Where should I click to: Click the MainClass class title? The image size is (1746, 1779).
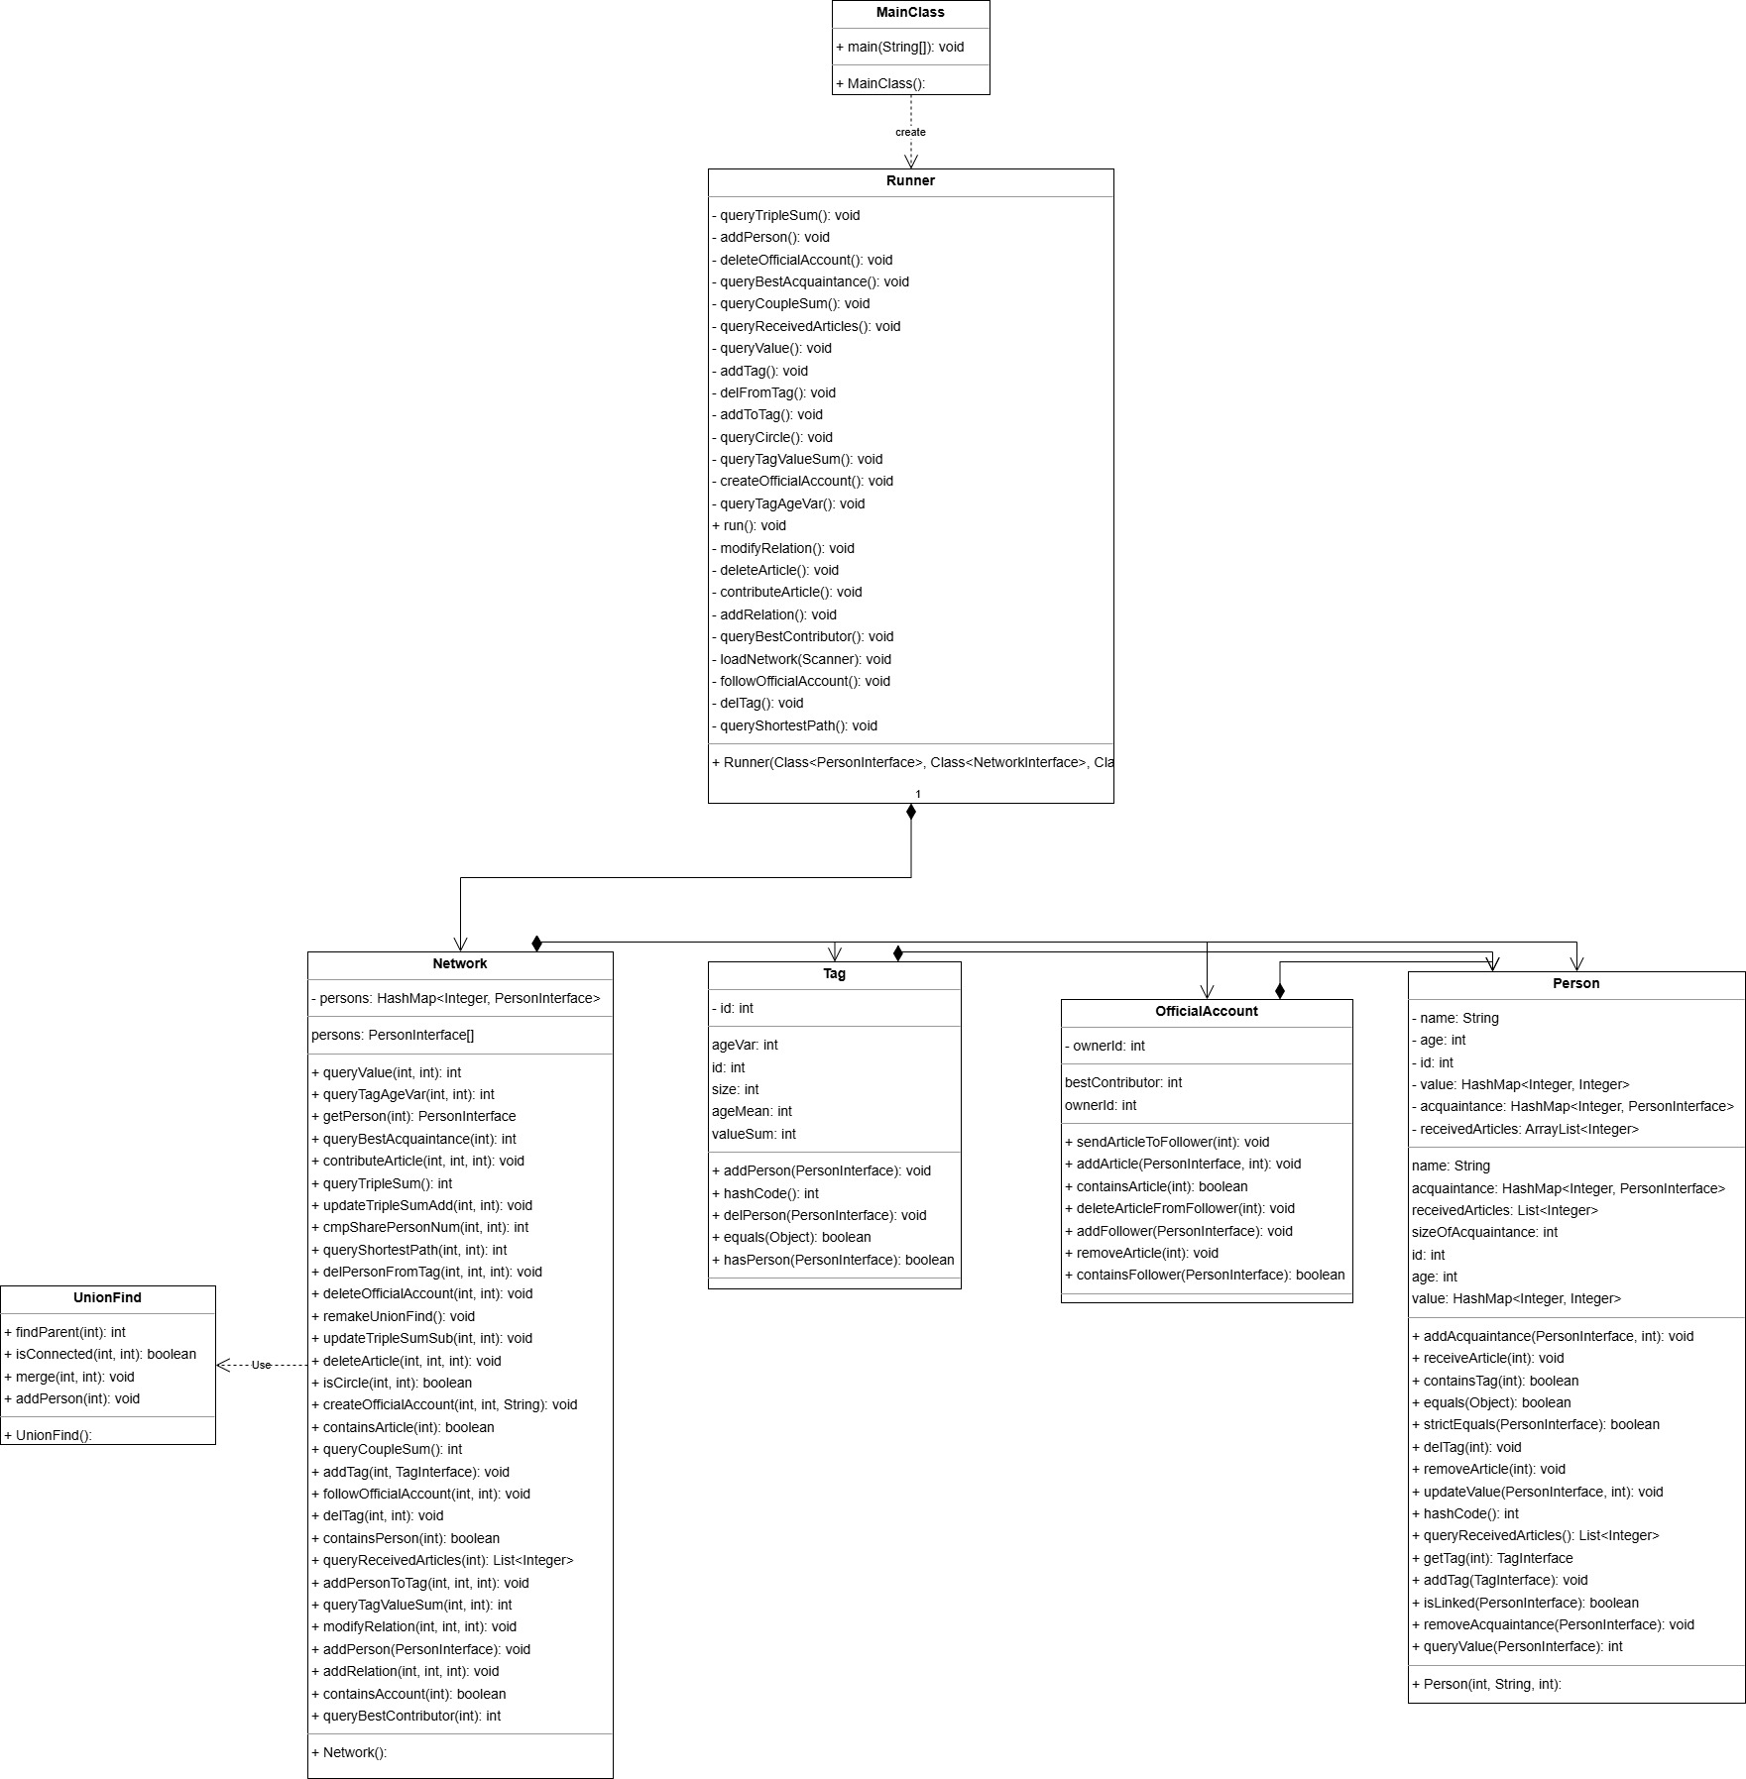[910, 13]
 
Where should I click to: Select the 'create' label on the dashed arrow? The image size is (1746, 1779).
[910, 132]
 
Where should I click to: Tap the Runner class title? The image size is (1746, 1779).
[910, 180]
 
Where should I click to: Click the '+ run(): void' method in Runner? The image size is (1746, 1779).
[749, 525]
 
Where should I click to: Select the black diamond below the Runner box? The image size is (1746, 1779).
[911, 812]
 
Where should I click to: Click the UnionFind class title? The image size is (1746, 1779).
[107, 1297]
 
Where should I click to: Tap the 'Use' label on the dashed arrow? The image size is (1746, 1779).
[261, 1365]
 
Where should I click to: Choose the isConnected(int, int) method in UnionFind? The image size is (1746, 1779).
[100, 1354]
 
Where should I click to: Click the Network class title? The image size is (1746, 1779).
[460, 963]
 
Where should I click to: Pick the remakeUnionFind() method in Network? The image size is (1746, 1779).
[393, 1316]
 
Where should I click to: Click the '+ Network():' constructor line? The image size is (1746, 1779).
[349, 1752]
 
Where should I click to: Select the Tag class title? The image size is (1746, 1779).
[834, 973]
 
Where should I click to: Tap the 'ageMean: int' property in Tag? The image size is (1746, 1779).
[752, 1111]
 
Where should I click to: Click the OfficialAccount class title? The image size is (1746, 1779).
[1206, 1011]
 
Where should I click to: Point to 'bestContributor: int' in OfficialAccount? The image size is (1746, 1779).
[1123, 1082]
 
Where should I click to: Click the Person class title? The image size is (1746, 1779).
[1575, 983]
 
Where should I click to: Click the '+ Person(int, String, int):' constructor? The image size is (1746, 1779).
[1486, 1684]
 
